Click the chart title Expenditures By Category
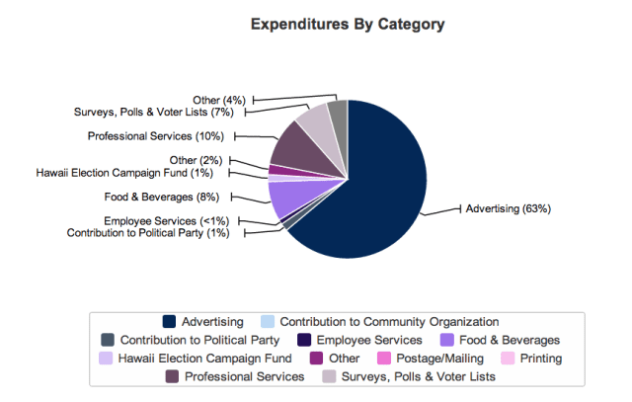click(x=347, y=23)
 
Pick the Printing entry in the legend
click(x=539, y=358)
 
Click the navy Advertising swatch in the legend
click(x=170, y=321)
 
